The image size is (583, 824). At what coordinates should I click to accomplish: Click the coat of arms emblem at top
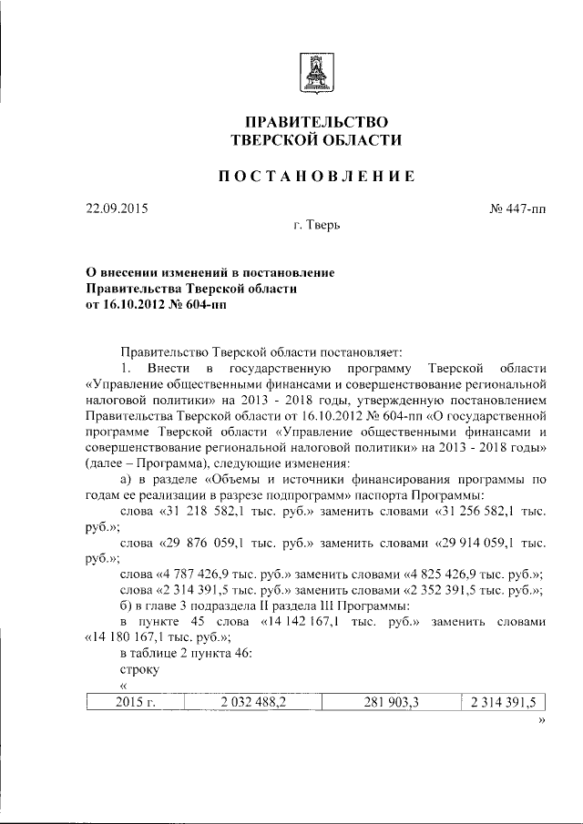click(314, 71)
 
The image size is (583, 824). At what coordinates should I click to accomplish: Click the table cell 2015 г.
click(135, 701)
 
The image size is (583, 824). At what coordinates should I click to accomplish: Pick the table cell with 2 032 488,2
click(251, 701)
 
